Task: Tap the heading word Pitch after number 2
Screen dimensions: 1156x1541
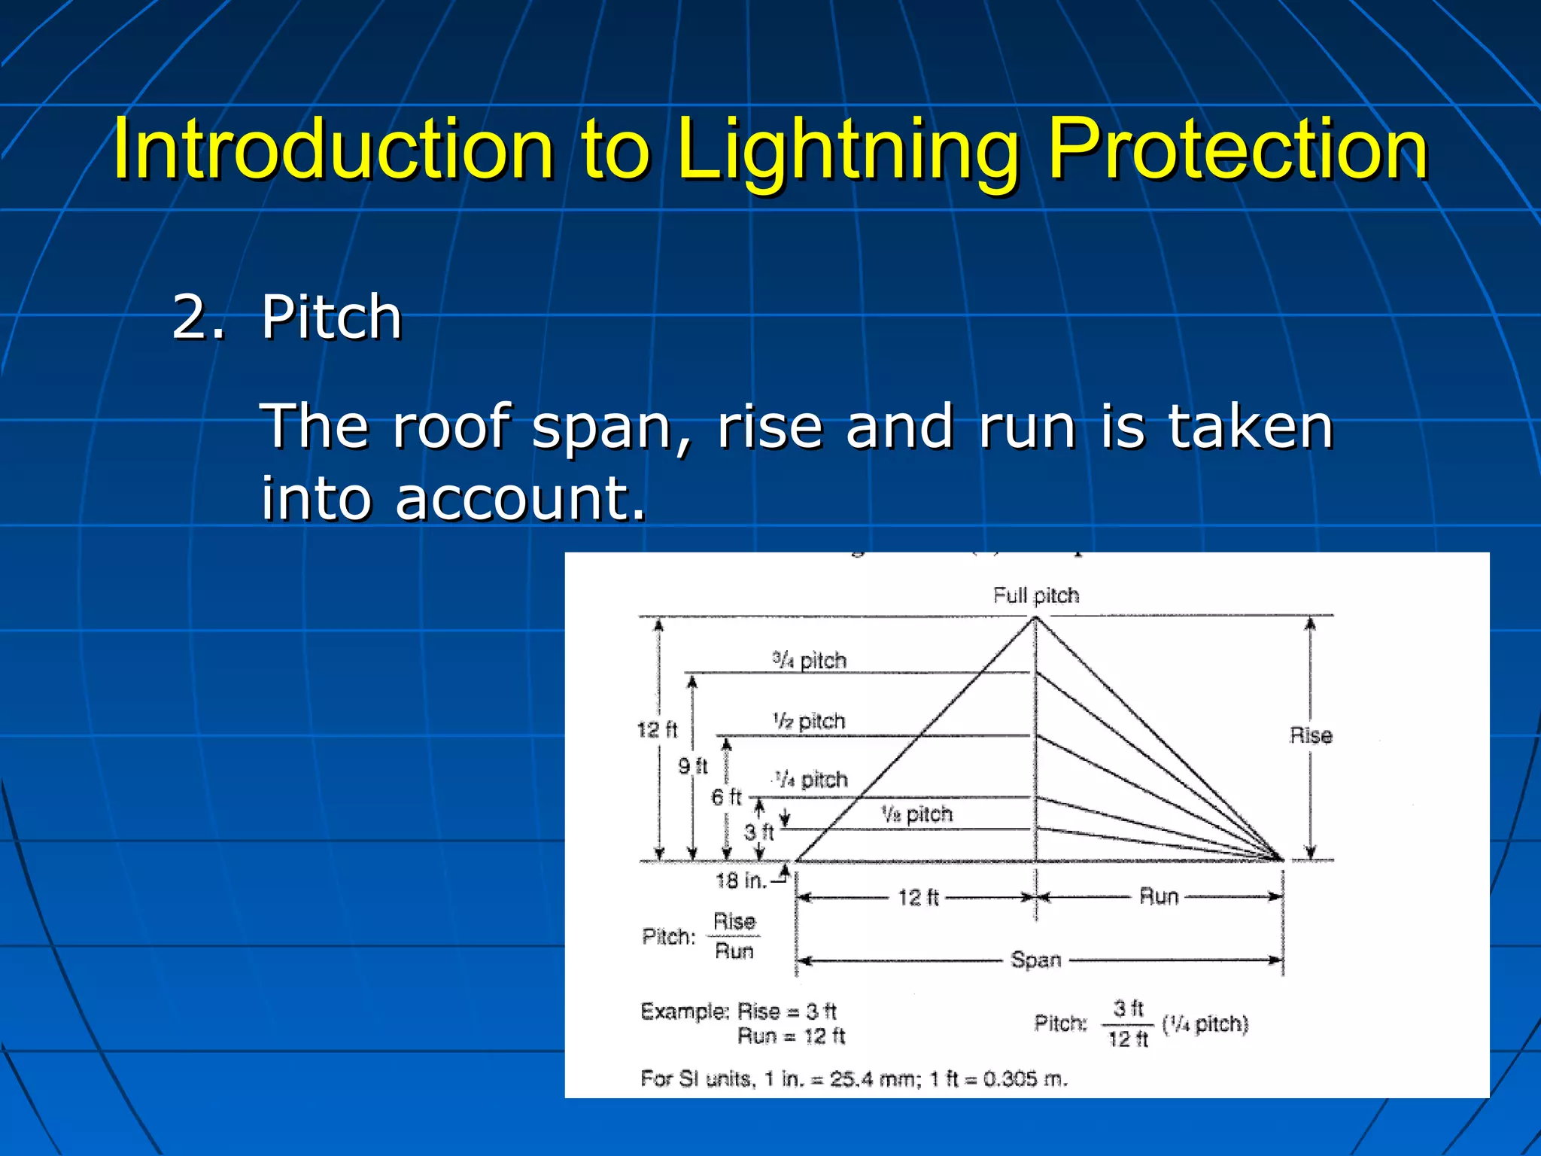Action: pos(331,318)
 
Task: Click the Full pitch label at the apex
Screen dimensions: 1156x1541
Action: pos(1035,595)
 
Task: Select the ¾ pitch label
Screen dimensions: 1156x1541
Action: pos(810,661)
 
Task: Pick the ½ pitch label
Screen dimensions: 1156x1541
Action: pos(809,721)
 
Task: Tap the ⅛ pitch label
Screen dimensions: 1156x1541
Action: pos(916,814)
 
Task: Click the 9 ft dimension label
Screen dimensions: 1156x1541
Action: pos(692,766)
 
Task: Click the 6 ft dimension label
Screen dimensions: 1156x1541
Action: pos(726,797)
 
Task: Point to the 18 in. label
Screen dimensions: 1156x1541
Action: pos(740,880)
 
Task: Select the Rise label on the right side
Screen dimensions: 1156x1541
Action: pos(1311,735)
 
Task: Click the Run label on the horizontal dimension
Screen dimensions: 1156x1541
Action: pos(1159,896)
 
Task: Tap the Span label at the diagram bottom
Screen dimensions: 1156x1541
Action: pos(1035,960)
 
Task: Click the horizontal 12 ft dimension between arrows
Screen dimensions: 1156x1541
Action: pos(918,897)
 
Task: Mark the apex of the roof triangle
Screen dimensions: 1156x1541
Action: pos(1035,618)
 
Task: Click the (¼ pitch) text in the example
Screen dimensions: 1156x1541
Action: pos(1205,1024)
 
